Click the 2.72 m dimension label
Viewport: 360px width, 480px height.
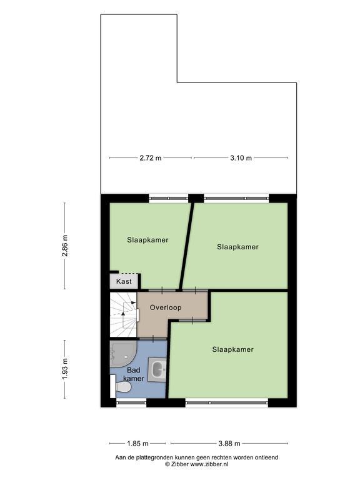pos(150,158)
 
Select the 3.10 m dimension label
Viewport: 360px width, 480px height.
pos(241,158)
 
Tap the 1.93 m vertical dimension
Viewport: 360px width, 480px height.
pos(64,369)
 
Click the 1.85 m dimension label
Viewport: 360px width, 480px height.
pos(137,443)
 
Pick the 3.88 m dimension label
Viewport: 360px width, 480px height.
pos(229,443)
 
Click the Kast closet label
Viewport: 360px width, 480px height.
pos(124,281)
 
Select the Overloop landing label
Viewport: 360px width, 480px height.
pos(166,307)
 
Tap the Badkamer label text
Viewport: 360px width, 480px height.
pos(134,374)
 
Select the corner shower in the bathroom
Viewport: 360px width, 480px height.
pos(122,354)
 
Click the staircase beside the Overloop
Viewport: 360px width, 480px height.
pos(123,314)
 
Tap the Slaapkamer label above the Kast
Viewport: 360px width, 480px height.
pos(148,240)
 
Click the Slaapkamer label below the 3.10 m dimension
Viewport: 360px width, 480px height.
pos(238,247)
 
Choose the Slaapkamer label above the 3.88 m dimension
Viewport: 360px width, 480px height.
pos(233,349)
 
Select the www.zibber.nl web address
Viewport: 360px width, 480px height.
pos(209,464)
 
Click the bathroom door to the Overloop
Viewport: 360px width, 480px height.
pos(153,339)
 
